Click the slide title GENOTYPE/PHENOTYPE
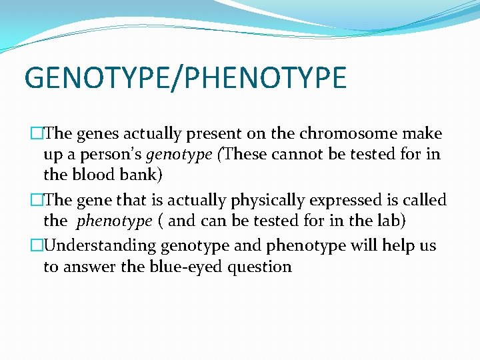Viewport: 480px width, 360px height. tap(185, 77)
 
